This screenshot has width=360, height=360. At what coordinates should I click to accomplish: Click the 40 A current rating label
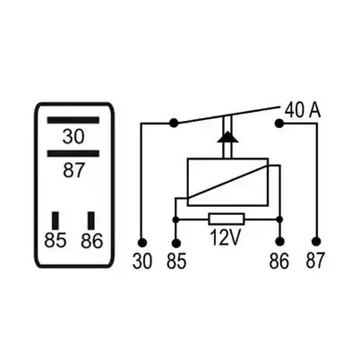(303, 110)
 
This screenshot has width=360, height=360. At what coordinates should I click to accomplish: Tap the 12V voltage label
(226, 237)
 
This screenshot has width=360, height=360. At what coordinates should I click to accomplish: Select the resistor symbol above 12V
(227, 219)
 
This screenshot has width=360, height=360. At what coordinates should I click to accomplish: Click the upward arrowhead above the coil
(227, 137)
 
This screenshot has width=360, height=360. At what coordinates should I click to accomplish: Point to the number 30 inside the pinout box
(73, 137)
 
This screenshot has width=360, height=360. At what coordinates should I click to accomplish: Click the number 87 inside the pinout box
(73, 170)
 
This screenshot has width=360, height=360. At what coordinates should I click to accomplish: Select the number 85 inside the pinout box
(56, 240)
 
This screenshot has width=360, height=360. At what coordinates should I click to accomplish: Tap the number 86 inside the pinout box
(91, 241)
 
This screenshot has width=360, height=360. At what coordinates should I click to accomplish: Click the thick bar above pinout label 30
(73, 120)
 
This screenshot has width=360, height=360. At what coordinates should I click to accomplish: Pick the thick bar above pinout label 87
(73, 153)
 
